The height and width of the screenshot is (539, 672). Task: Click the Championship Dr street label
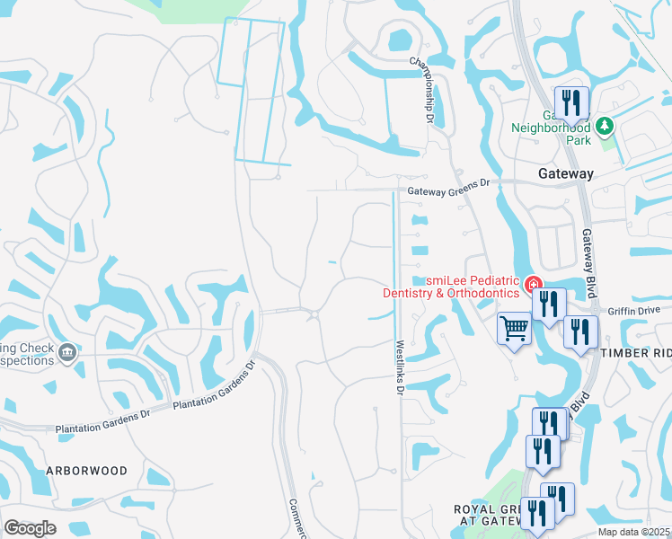[421, 87]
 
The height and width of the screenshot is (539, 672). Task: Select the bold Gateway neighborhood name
[565, 173]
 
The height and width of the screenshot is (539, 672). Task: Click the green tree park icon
[606, 126]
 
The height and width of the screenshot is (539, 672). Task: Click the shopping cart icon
[515, 328]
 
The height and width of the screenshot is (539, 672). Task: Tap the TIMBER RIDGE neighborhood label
[634, 354]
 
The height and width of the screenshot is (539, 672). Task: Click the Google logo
[31, 527]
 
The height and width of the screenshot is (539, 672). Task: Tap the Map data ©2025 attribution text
[632, 532]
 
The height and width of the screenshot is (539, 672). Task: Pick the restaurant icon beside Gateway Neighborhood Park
[571, 103]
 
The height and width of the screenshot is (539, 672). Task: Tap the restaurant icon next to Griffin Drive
[580, 332]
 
